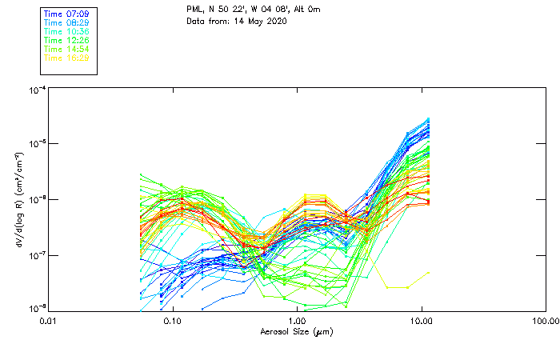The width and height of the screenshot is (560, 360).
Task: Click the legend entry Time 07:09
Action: coord(66,14)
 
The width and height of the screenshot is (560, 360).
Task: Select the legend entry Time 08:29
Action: coord(66,23)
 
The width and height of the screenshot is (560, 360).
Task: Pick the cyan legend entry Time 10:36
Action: coord(66,32)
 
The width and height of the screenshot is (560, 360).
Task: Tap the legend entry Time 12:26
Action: coord(66,40)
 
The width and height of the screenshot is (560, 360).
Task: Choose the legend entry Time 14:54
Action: coord(66,49)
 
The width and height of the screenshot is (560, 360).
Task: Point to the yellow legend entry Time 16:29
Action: coord(66,58)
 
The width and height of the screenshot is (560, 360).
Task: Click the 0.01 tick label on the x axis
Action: coord(48,322)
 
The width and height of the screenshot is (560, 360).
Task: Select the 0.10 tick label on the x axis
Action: coord(172,322)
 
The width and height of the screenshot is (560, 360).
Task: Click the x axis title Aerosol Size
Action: coord(296,331)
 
